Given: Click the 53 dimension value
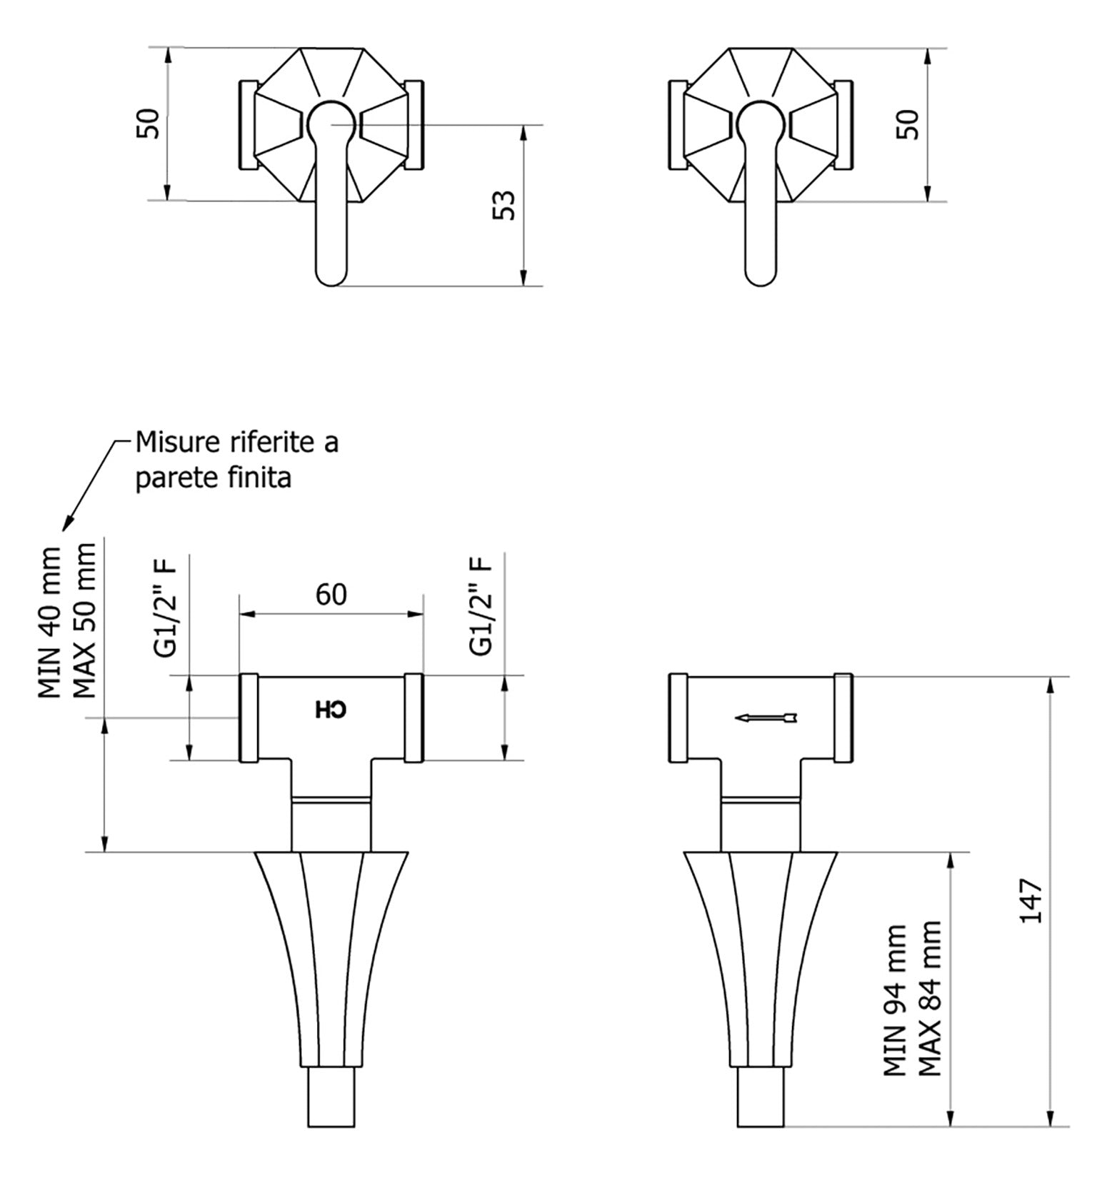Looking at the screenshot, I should pyautogui.click(x=505, y=206).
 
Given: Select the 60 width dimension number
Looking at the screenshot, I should pyautogui.click(x=331, y=594).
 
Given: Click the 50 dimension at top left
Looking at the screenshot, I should pyautogui.click(x=148, y=124).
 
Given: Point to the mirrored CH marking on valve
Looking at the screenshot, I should pyautogui.click(x=331, y=710).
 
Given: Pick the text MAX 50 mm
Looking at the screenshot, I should pyautogui.click(x=85, y=620).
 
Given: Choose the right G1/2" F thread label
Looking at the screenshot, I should pyautogui.click(x=481, y=606).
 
